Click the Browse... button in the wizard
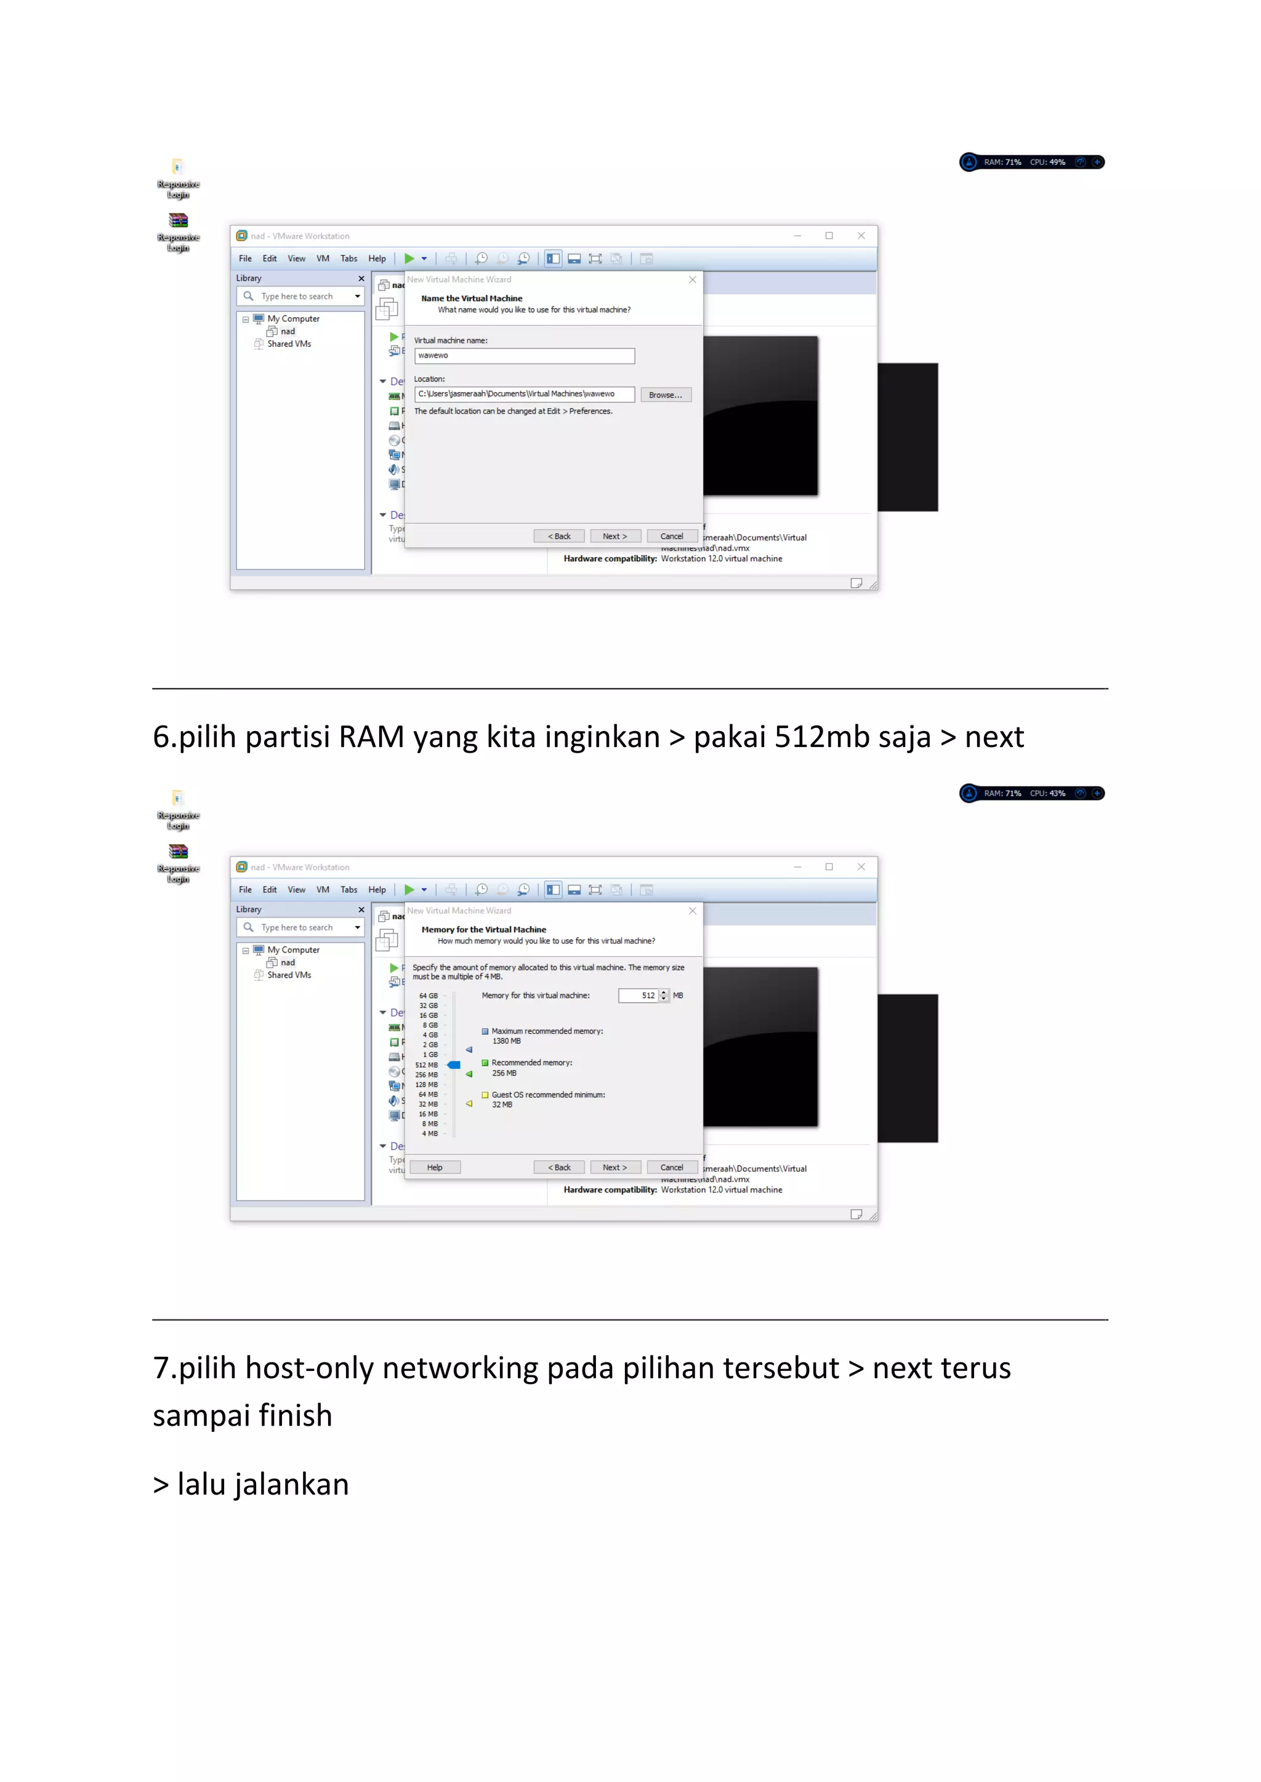click(666, 395)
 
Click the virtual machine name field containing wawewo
click(524, 356)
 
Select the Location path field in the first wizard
click(524, 394)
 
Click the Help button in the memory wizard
click(434, 1167)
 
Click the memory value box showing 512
click(639, 996)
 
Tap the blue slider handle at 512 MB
click(454, 1065)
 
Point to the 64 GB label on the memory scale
click(428, 996)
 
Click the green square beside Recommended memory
click(485, 1063)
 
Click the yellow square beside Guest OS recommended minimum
click(485, 1095)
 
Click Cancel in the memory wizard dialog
click(672, 1167)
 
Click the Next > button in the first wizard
click(614, 537)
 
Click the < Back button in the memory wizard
click(559, 1167)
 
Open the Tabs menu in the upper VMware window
click(348, 258)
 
